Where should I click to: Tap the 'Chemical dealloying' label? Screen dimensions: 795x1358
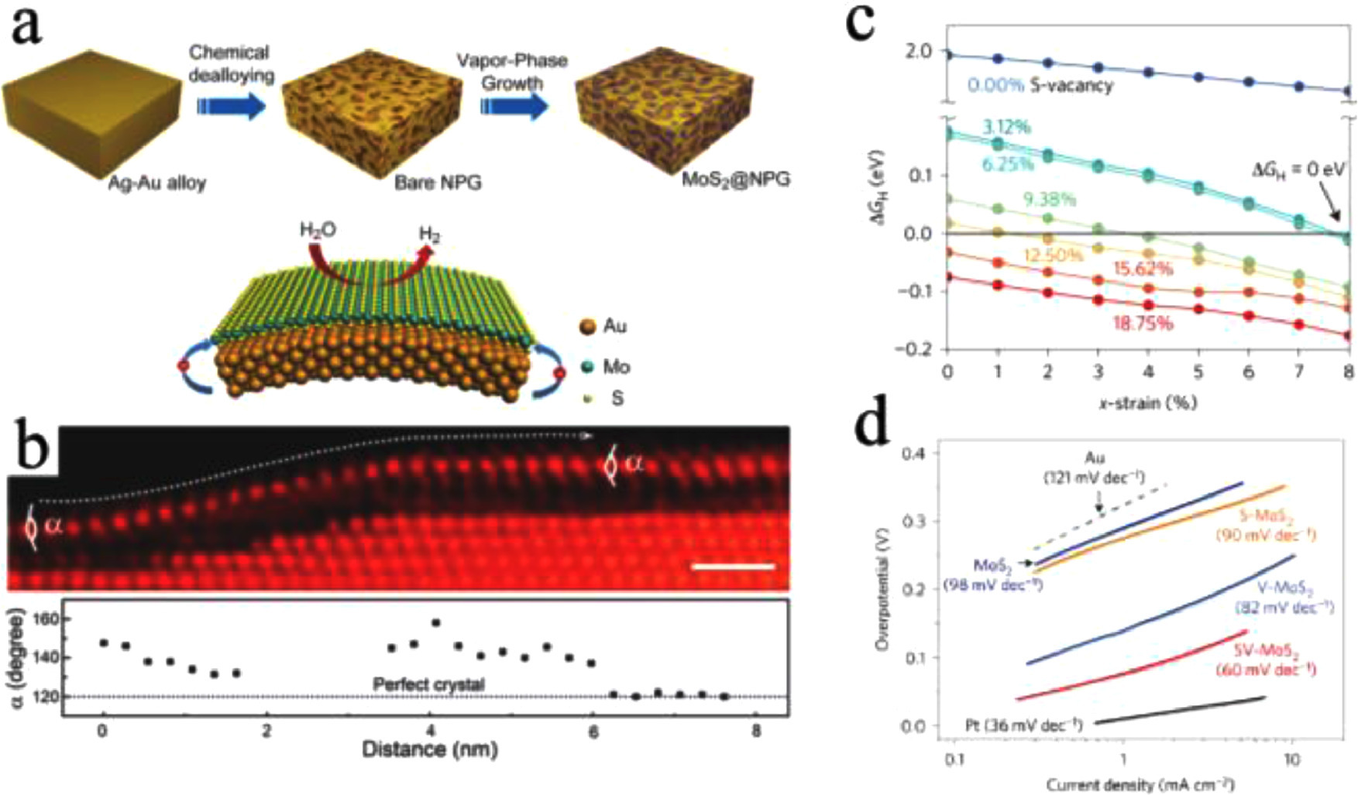point(231,63)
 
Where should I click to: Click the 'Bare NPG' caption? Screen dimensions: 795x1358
point(438,183)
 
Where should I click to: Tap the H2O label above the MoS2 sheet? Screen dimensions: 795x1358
point(318,230)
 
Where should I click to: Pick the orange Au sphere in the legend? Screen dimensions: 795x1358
point(587,327)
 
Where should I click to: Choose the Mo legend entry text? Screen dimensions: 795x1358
point(617,366)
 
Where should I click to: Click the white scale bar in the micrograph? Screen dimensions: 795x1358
point(733,567)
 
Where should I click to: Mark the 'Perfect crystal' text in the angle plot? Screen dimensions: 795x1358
point(428,684)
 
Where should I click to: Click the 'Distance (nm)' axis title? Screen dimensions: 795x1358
point(428,749)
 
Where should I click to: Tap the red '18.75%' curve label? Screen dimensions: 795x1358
point(1142,323)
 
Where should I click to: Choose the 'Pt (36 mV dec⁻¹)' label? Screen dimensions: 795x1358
point(1023,725)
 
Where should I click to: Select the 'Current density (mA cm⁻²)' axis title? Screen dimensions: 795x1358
point(1140,784)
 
